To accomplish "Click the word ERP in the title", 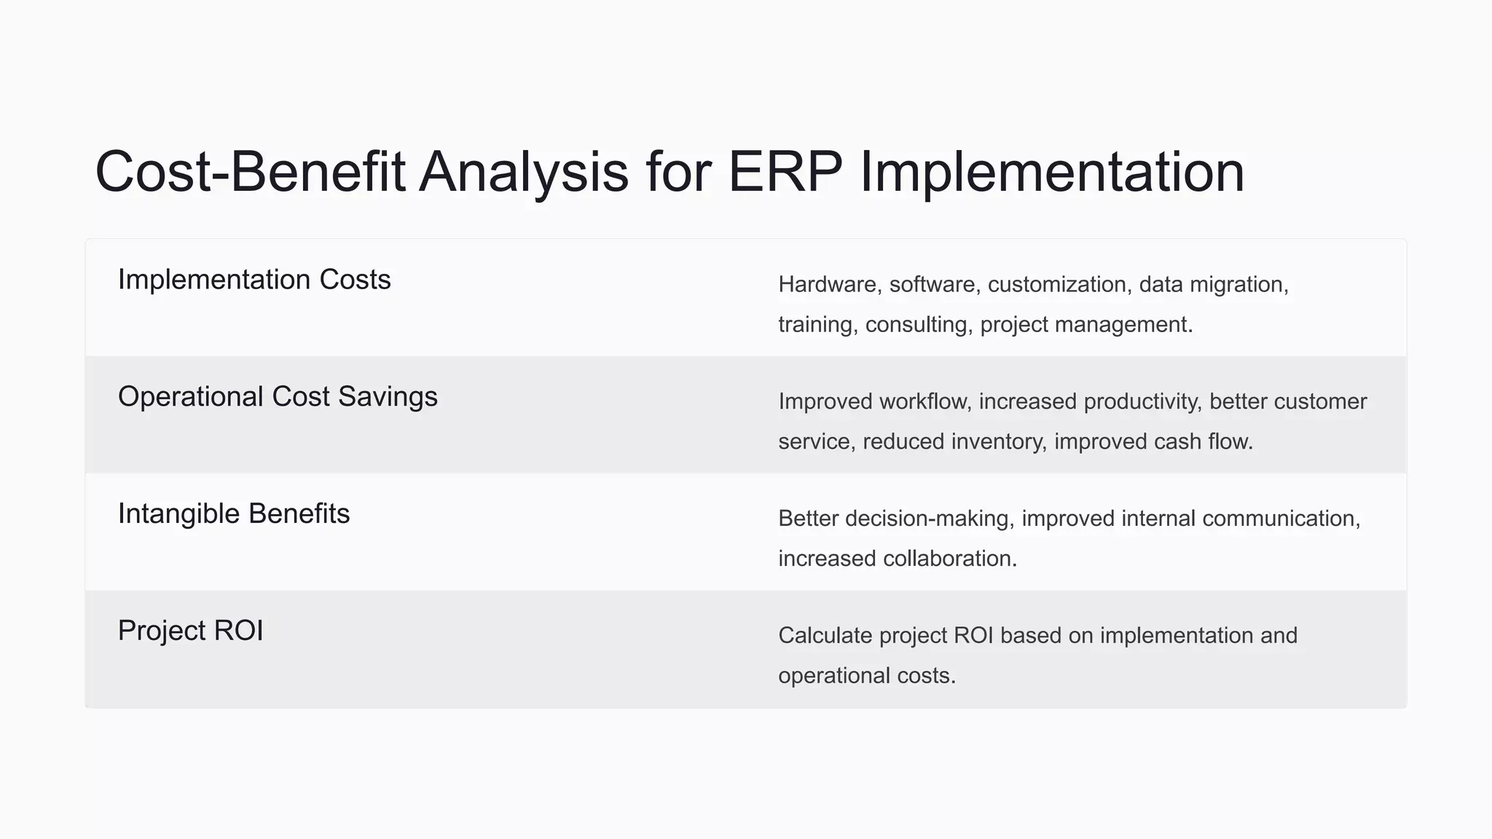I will (785, 172).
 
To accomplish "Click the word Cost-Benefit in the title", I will (250, 172).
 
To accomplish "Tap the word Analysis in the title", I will (523, 172).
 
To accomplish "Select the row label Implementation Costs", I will (254, 280).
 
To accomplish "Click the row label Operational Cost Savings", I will (278, 397).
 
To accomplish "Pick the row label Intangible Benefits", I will (234, 514).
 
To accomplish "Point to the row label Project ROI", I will (190, 631).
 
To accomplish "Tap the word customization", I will (1056, 284).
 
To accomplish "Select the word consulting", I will (919, 324).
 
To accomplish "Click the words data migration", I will (1213, 284).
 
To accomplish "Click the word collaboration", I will (949, 559).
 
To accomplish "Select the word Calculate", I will (825, 635).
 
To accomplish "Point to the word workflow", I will (925, 401).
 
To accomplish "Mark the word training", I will (815, 324).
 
